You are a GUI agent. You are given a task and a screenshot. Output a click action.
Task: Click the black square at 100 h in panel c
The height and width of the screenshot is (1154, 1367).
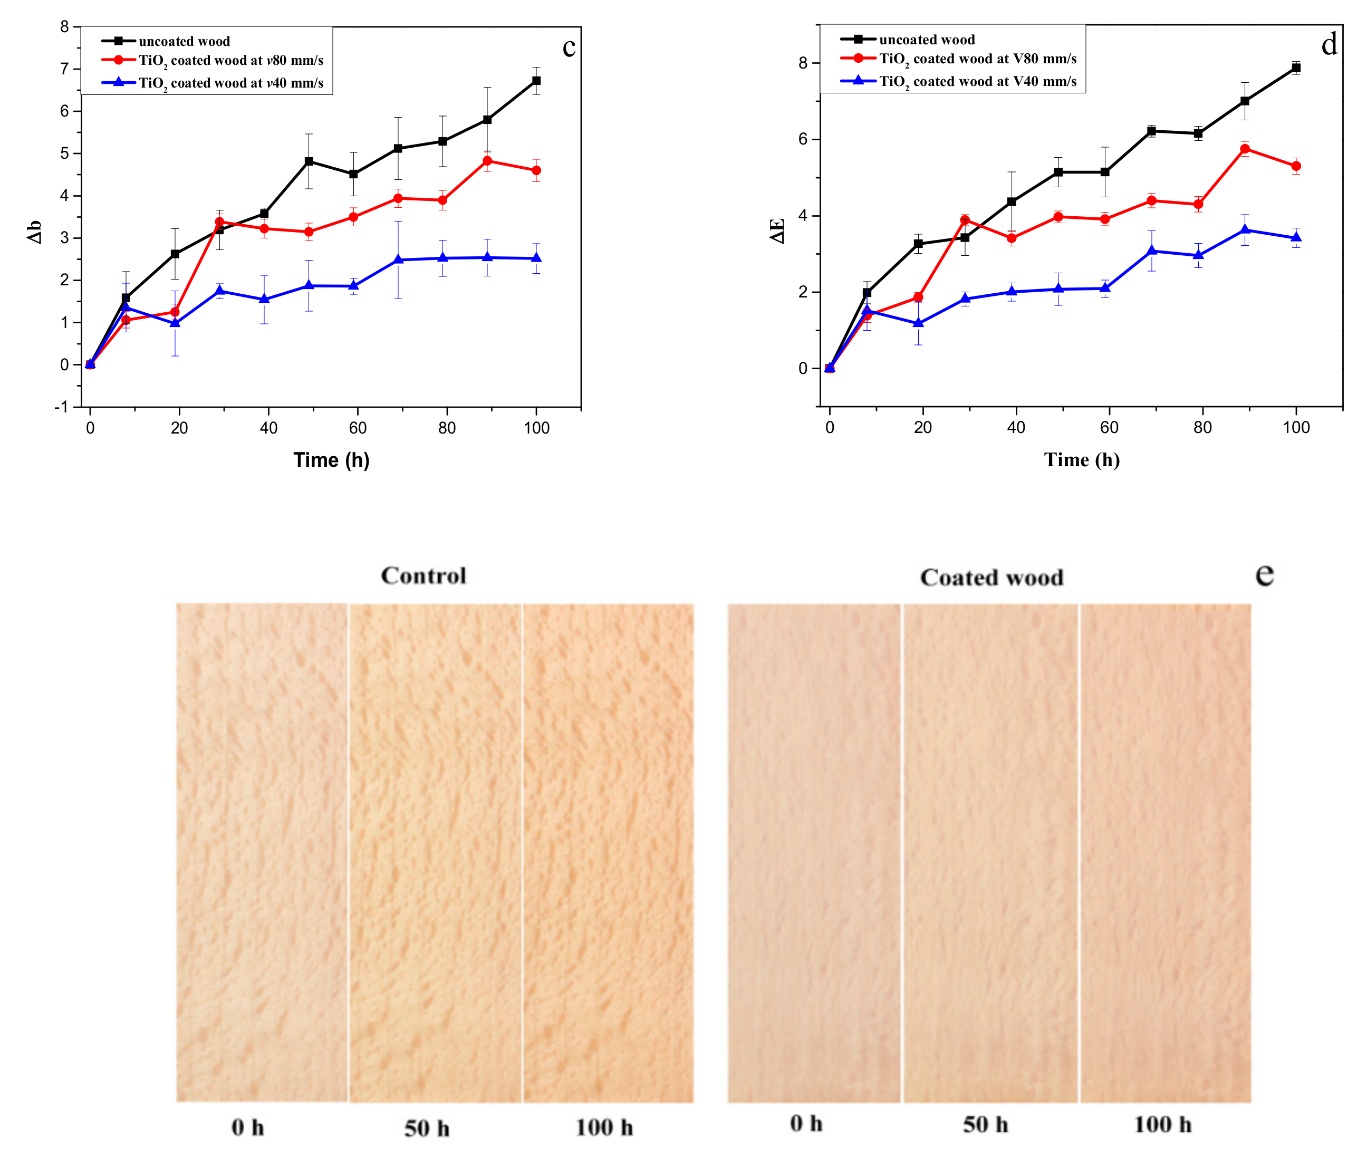536,81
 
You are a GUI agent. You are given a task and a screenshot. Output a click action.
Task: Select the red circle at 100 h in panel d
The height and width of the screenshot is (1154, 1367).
1296,166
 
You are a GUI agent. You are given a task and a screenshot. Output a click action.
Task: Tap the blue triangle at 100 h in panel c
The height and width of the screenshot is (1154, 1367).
536,258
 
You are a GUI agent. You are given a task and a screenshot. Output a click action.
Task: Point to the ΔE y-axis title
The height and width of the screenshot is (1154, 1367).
776,231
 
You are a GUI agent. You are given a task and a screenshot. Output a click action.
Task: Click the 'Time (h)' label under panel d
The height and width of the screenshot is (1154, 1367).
1081,460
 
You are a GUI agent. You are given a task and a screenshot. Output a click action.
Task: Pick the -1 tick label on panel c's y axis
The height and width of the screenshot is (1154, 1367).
62,407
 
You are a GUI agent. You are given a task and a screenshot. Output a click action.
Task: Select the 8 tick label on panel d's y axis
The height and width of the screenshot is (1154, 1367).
803,63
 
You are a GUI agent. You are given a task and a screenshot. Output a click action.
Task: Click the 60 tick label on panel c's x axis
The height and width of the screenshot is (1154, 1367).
357,428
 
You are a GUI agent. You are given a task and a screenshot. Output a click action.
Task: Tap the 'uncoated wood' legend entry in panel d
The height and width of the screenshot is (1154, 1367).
926,40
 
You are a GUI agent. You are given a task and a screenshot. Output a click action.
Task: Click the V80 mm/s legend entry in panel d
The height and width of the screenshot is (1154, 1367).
977,59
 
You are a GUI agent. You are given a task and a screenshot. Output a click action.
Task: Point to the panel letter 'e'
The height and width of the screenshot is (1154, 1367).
1264,574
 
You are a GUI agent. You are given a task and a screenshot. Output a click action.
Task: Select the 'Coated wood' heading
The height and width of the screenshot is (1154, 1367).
991,578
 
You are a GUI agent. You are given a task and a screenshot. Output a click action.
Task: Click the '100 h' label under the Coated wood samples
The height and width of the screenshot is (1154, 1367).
1162,1124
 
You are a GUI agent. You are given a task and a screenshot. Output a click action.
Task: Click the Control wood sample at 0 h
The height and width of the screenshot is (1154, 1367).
262,850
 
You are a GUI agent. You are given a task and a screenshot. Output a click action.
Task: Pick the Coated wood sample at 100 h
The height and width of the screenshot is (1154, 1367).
1165,850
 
